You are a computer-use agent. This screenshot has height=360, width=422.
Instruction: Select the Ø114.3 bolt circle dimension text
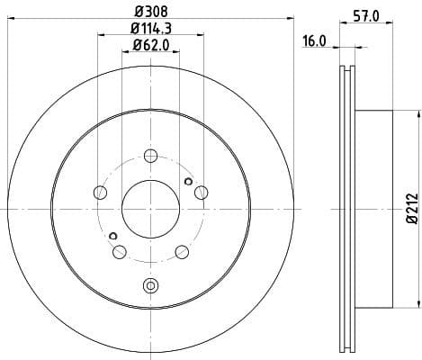point(149,30)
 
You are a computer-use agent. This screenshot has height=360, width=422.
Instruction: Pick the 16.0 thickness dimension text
point(315,40)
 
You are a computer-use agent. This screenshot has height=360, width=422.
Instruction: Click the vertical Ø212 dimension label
point(410,208)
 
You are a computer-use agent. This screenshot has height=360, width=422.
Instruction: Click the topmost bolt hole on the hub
point(150,154)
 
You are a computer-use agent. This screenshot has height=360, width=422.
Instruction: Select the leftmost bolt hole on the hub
point(99,192)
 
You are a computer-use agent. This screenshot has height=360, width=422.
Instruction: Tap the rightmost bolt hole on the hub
point(201,192)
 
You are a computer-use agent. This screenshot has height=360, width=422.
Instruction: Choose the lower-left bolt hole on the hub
point(119,251)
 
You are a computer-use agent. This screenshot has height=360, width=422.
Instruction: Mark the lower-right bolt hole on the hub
point(181,251)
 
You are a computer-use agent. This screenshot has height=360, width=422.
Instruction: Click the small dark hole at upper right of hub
point(187,182)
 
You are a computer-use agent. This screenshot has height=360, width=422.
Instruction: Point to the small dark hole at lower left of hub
point(112,237)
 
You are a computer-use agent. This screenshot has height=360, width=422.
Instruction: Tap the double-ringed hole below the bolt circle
point(150,286)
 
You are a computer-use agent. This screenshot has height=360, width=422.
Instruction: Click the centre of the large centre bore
point(150,208)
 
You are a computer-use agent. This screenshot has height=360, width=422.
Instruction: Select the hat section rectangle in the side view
point(374,208)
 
